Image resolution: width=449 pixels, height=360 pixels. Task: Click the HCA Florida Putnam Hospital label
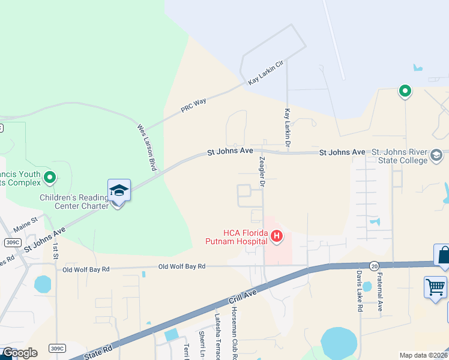(x=245, y=236)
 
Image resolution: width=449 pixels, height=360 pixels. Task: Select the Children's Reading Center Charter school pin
(x=119, y=192)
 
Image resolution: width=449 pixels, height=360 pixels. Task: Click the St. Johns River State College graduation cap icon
(x=436, y=157)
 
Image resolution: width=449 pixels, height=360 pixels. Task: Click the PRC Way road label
(x=193, y=106)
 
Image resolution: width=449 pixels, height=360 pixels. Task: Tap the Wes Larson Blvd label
(x=146, y=148)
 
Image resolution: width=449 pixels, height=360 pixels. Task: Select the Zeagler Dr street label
(x=262, y=171)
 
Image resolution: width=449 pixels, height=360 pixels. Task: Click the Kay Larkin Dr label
(x=288, y=128)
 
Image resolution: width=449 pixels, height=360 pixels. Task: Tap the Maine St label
(x=26, y=221)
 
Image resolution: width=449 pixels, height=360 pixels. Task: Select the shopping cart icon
(x=435, y=286)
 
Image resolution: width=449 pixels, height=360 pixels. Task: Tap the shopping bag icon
(x=444, y=254)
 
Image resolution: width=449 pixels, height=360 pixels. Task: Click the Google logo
(x=19, y=353)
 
